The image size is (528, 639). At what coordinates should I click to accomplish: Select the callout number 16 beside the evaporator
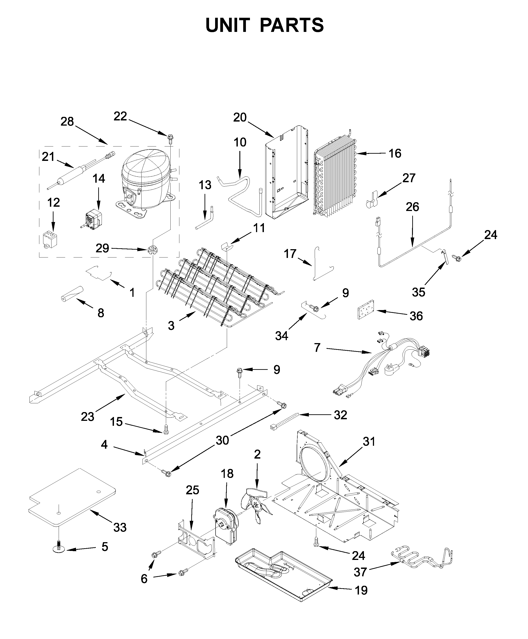click(x=395, y=153)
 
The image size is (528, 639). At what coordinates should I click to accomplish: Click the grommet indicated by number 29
click(x=152, y=251)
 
